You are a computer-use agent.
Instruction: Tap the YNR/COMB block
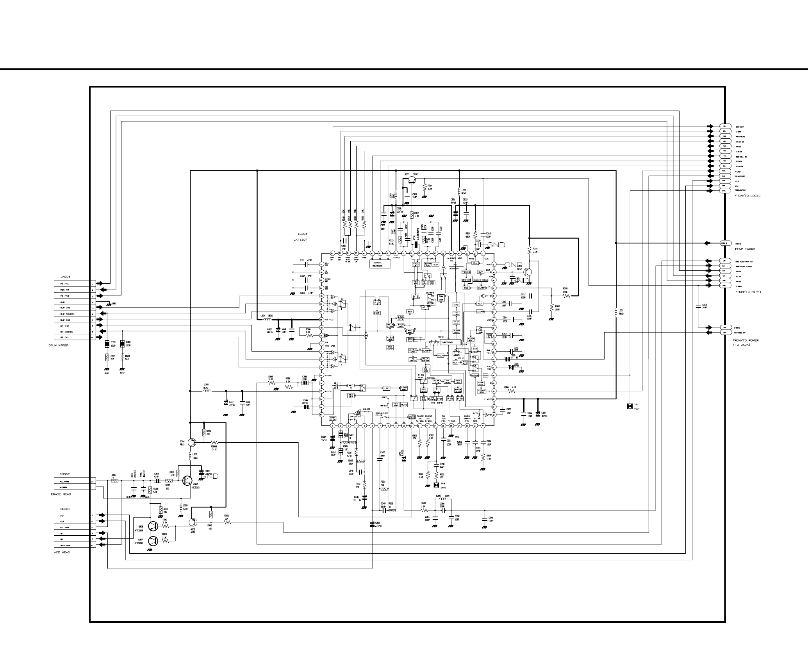tap(446, 342)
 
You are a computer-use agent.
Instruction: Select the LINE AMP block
tap(404, 388)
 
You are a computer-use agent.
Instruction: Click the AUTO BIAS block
tap(412, 417)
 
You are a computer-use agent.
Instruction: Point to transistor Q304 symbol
tap(191, 442)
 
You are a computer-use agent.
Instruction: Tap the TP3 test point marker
tap(436, 485)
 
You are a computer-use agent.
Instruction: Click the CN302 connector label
tap(65, 474)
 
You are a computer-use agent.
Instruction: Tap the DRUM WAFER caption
tap(59, 345)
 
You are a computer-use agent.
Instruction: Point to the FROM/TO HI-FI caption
tap(748, 292)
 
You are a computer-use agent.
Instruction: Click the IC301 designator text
tap(303, 234)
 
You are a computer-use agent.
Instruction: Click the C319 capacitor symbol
tap(697, 306)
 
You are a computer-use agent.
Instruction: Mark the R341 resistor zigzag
tap(227, 522)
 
